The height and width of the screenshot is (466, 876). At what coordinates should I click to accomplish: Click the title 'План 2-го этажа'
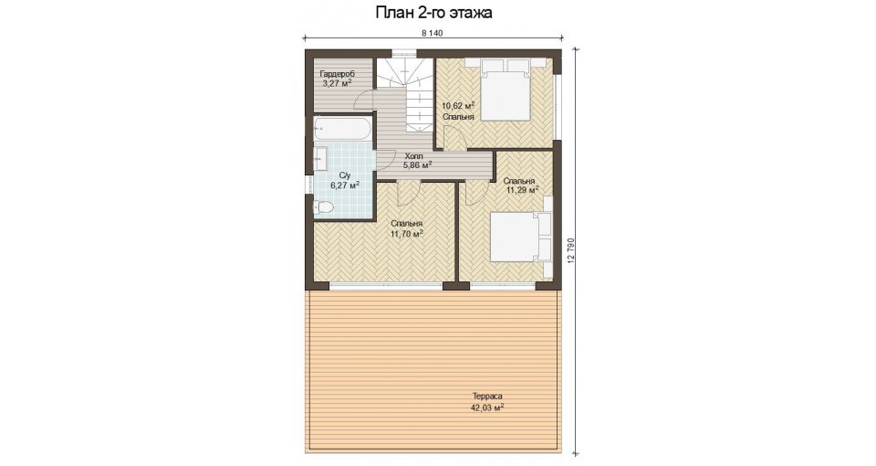[433, 13]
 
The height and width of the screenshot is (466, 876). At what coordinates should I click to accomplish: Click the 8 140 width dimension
[433, 33]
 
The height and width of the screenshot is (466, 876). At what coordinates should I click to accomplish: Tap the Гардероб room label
[337, 74]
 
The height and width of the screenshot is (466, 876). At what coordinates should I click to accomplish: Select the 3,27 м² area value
[337, 84]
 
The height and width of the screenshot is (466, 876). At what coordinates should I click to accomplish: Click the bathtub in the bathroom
[342, 129]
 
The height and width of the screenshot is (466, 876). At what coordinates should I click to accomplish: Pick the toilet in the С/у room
[322, 207]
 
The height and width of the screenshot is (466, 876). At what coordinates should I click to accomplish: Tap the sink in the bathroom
[321, 158]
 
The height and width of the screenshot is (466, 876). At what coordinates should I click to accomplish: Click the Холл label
[414, 156]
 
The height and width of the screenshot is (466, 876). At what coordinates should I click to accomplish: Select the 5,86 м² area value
[417, 165]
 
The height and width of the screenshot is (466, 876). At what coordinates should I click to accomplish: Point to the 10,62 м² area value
[458, 105]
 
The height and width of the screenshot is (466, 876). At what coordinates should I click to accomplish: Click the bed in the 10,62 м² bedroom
[506, 89]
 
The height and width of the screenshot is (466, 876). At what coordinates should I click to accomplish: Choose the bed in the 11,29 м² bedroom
[521, 236]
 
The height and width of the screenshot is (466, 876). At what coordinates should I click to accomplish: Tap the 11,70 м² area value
[407, 234]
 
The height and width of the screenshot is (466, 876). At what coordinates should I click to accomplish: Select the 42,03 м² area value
[487, 408]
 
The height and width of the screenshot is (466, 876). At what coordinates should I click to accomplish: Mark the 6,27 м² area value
[345, 185]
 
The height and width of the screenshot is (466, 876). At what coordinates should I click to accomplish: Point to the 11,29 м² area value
[522, 190]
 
